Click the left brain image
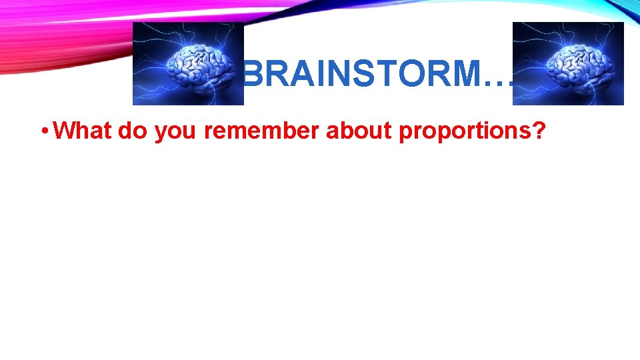tap(188, 64)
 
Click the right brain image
tap(568, 64)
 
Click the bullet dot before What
tap(43, 132)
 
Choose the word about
tap(359, 131)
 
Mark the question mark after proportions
tap(539, 131)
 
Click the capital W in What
tap(63, 131)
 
